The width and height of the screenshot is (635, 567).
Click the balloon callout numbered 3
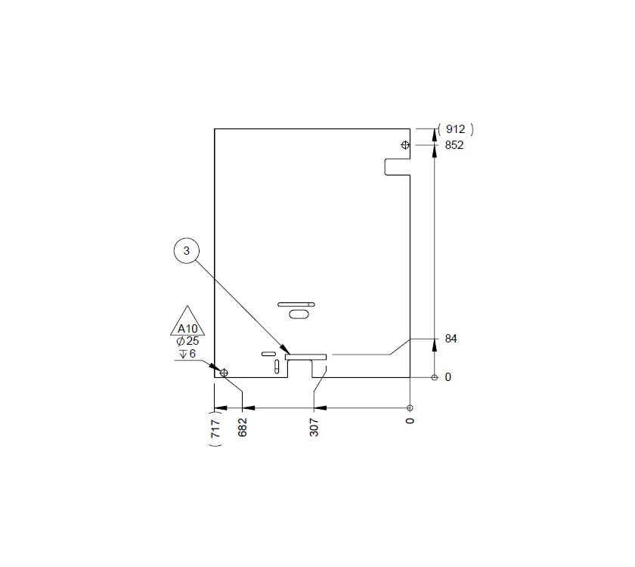click(x=187, y=250)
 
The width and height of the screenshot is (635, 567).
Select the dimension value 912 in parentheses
click(x=455, y=129)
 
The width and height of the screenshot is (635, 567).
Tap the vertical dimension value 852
click(x=454, y=145)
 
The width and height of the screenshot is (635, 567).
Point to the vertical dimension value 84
click(x=451, y=339)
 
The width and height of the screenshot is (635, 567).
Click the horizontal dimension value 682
click(x=243, y=427)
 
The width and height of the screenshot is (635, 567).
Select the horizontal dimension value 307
click(x=314, y=427)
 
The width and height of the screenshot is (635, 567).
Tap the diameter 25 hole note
click(x=187, y=341)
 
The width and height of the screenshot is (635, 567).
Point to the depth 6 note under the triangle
click(x=187, y=353)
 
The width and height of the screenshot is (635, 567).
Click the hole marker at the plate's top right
click(x=405, y=144)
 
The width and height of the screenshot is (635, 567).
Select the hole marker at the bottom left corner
click(x=224, y=371)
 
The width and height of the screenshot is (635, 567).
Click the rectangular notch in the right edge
click(x=397, y=167)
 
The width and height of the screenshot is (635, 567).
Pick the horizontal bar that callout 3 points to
click(x=305, y=356)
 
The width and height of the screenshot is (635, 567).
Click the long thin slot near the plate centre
click(x=296, y=304)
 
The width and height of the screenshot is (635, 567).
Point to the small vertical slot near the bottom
click(x=277, y=367)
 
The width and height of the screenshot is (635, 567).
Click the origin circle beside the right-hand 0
click(x=434, y=376)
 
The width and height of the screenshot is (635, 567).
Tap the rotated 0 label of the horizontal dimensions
click(x=410, y=420)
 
